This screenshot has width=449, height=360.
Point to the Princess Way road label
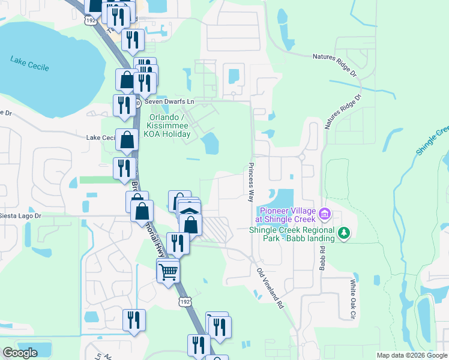251,182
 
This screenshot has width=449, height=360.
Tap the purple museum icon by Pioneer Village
325,213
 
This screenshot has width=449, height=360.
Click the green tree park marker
344,233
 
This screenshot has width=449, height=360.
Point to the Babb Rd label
322,256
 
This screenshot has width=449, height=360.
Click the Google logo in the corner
20,352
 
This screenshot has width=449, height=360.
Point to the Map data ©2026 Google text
411,355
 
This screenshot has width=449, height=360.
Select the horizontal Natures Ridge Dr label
334,57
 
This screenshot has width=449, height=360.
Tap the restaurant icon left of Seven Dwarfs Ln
124,105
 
